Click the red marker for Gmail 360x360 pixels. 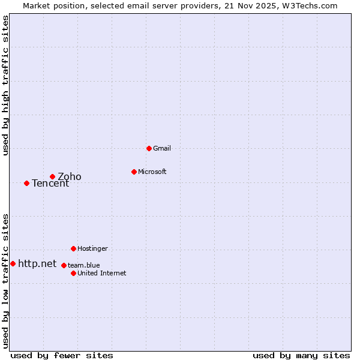tap(149, 148)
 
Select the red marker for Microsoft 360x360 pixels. tap(134, 172)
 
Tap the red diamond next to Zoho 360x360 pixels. tap(52, 176)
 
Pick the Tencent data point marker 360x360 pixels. tap(26, 183)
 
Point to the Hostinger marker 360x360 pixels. tap(73, 248)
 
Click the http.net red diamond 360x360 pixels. tap(13, 263)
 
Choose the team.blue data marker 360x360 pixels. tap(64, 265)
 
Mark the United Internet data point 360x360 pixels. tap(73, 273)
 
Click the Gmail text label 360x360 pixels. tap(162, 148)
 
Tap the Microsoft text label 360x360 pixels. tap(152, 172)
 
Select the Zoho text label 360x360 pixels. tap(70, 176)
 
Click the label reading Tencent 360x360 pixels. tap(50, 183)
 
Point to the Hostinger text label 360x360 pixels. tap(92, 248)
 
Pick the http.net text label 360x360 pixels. tap(37, 263)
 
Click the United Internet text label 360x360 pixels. tap(102, 273)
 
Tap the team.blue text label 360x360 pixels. tap(84, 265)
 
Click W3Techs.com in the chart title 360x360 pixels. tap(310, 5)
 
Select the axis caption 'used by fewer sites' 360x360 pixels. tap(62, 355)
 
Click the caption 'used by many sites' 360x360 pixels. tap(301, 355)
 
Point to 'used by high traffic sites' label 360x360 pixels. tap(5, 85)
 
